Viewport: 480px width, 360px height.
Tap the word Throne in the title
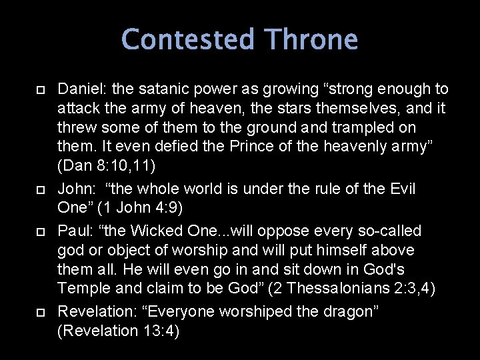[311, 40]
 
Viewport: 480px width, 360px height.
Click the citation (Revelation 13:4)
[119, 331]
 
